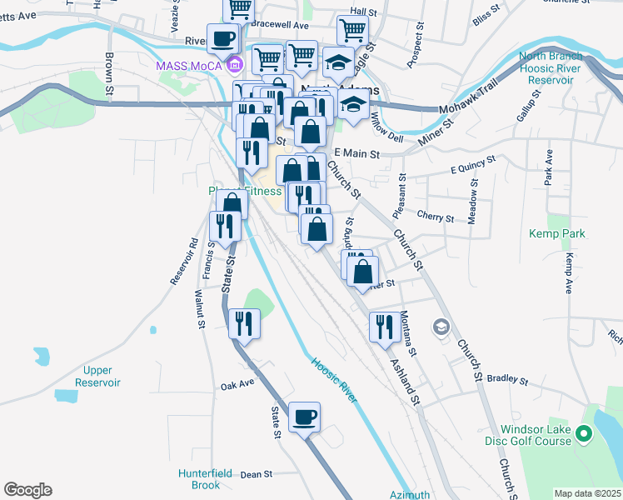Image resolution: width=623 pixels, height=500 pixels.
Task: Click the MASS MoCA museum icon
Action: click(x=235, y=64)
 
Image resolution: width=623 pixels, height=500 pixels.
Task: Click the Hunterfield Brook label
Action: click(x=204, y=479)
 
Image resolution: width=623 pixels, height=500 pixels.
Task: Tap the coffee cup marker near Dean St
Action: click(x=304, y=416)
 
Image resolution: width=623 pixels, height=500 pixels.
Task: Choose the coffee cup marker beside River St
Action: click(x=222, y=38)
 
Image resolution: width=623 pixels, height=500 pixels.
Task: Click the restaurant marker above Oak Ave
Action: click(x=244, y=322)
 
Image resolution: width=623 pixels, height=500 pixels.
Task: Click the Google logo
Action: click(x=27, y=490)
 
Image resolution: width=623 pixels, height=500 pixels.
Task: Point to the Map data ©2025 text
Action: click(x=586, y=493)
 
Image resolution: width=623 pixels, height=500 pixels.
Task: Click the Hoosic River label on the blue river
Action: click(x=335, y=381)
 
